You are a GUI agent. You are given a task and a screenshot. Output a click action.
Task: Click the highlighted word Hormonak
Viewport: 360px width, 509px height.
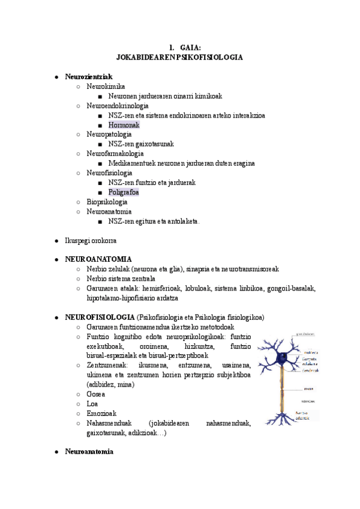click(x=124, y=125)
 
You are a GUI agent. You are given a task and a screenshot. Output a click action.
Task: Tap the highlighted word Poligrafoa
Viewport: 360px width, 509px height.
click(x=124, y=192)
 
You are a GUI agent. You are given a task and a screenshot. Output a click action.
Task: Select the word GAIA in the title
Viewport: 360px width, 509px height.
click(x=190, y=47)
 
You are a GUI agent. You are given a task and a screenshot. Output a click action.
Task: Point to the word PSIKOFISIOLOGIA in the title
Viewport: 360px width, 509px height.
click(x=206, y=57)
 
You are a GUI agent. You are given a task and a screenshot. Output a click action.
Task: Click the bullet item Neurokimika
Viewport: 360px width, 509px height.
click(x=106, y=86)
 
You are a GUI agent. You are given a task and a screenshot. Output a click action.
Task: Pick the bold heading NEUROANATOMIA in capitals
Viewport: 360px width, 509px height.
click(x=98, y=259)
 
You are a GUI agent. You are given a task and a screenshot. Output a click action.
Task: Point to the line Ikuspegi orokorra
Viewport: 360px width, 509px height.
click(x=91, y=240)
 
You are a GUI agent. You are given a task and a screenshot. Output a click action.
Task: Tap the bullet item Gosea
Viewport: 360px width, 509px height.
click(x=96, y=394)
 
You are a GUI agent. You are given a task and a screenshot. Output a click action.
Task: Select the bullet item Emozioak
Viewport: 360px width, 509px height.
click(x=101, y=413)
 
